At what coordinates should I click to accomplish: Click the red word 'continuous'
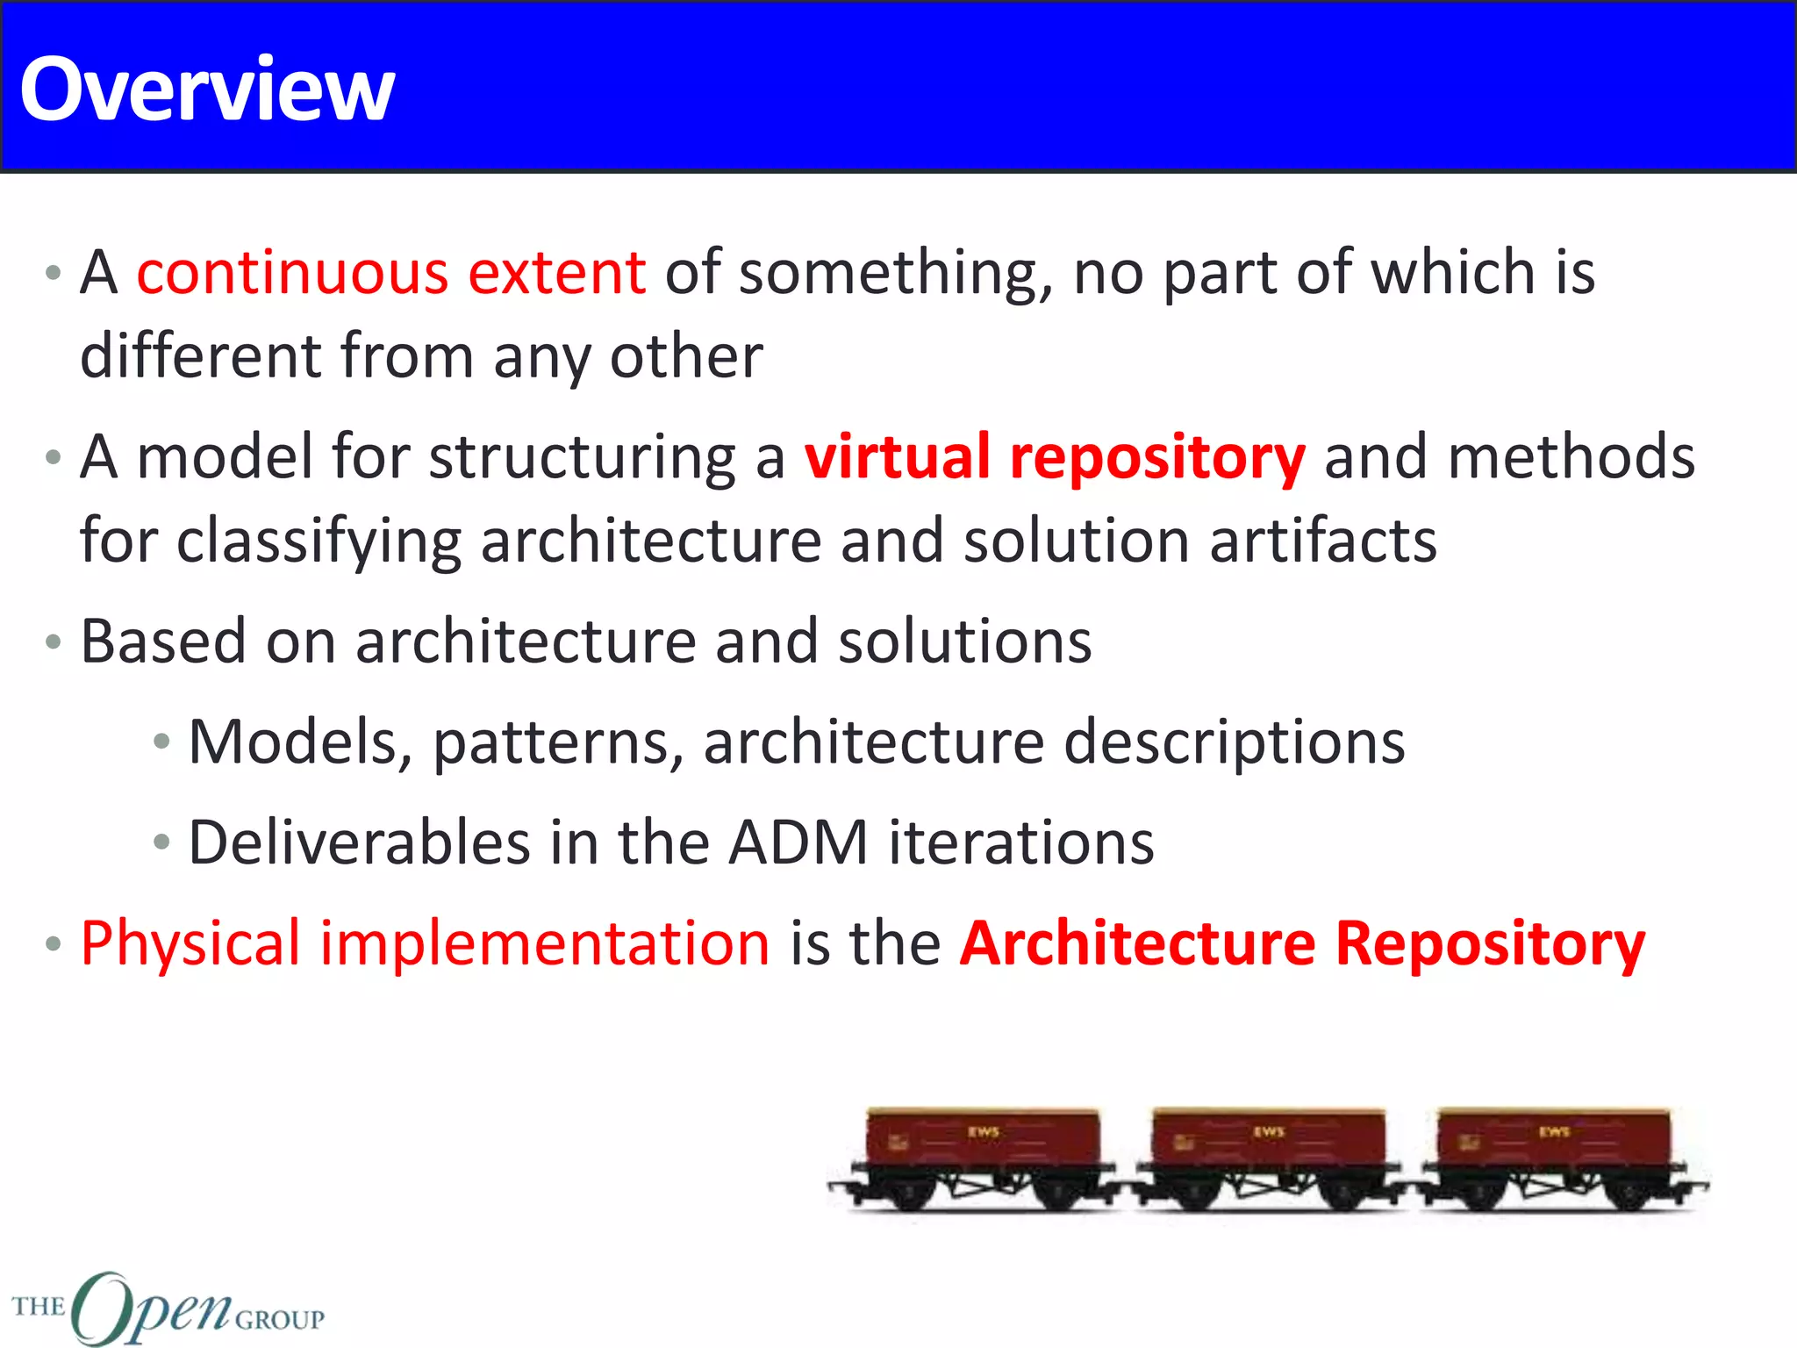tap(293, 272)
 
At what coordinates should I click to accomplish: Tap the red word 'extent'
tap(557, 272)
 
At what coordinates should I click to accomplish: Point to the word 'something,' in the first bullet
tap(895, 274)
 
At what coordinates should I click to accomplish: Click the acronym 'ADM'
tap(798, 842)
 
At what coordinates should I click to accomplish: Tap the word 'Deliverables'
tap(360, 842)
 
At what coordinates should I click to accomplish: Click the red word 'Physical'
tap(190, 944)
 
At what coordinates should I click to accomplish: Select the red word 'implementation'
tap(544, 944)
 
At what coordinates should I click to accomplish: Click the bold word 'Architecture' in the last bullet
tap(1137, 943)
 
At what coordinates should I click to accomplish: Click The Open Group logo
tap(167, 1308)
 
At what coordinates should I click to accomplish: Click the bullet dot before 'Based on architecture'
tap(54, 642)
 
